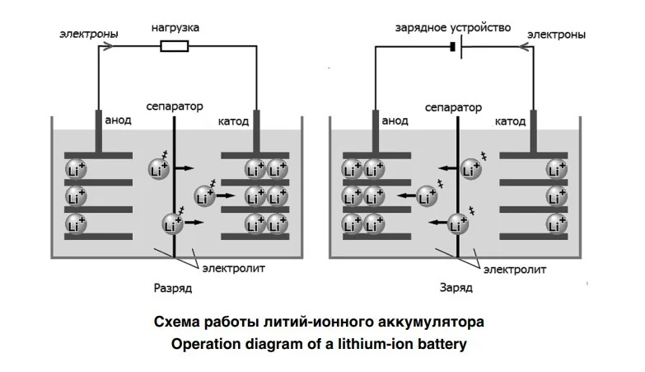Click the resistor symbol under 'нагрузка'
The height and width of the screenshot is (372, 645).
click(x=175, y=46)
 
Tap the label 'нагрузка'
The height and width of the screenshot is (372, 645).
click(x=175, y=28)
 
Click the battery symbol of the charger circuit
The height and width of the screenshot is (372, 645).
click(x=456, y=46)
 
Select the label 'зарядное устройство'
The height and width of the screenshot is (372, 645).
click(x=453, y=28)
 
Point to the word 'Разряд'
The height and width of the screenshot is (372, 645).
click(x=173, y=288)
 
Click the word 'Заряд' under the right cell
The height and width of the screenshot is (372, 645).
click(x=456, y=287)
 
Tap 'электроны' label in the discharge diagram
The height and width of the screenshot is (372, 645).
click(x=89, y=34)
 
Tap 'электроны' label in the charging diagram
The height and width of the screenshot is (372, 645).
click(x=556, y=35)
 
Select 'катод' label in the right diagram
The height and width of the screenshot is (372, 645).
click(x=510, y=121)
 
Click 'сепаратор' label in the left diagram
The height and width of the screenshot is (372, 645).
click(x=175, y=106)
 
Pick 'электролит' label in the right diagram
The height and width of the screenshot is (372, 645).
click(x=515, y=270)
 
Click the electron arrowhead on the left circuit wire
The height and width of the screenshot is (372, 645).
click(x=107, y=46)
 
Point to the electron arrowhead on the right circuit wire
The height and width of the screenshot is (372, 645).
click(x=524, y=46)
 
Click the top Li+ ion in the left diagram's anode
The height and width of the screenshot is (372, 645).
click(x=76, y=170)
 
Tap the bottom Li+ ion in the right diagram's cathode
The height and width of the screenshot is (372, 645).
click(x=557, y=224)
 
